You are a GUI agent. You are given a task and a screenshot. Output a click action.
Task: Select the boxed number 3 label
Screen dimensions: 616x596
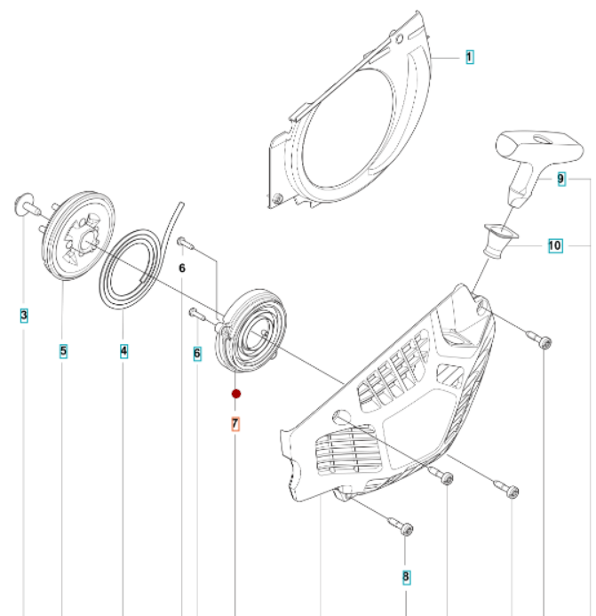(23, 314)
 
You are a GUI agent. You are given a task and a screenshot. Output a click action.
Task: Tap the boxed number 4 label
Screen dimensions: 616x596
(123, 352)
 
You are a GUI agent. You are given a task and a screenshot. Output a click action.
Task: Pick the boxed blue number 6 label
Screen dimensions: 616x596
(196, 353)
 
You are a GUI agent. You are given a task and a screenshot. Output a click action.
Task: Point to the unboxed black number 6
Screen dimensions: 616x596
(181, 268)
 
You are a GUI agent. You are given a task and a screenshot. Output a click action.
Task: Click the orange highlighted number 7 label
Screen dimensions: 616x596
(235, 424)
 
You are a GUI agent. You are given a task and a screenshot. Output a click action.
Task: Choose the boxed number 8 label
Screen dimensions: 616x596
(406, 577)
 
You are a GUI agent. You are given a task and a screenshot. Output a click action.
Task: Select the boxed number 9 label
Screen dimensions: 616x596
(561, 180)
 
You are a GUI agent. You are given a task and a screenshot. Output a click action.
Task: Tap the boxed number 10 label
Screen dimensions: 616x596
(554, 244)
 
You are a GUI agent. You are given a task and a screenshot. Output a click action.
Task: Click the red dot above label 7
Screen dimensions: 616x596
(235, 393)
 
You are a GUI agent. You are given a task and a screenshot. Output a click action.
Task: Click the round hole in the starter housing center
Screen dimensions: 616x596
(342, 418)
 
